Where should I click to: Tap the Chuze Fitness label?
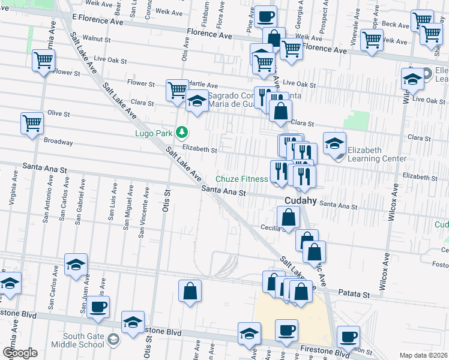(242, 179)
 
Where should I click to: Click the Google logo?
(20, 353)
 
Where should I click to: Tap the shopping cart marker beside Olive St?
(32, 124)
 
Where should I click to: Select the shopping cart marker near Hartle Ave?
(177, 91)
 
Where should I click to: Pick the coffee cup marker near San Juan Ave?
(98, 307)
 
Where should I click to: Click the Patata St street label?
(358, 295)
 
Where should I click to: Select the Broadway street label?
(59, 142)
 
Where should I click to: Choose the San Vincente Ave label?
(143, 212)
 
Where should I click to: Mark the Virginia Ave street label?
(11, 190)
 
